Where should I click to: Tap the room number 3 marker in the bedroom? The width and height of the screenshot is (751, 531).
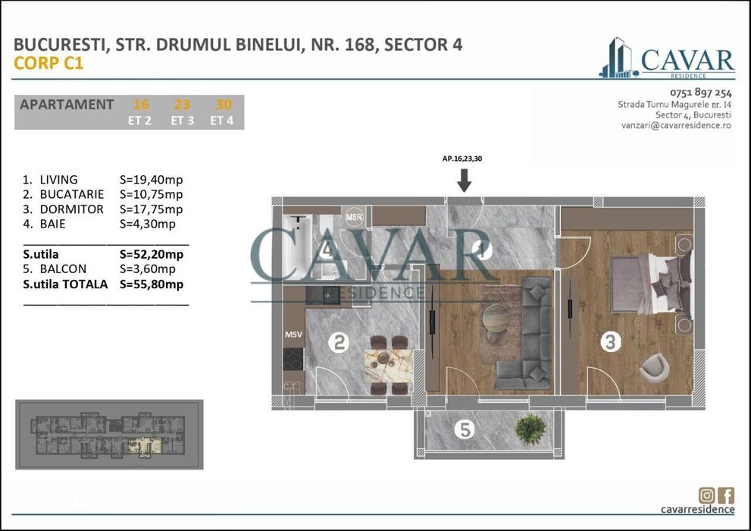(610, 342)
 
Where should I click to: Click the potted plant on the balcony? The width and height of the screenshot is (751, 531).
(530, 430)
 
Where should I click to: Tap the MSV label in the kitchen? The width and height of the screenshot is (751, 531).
(293, 334)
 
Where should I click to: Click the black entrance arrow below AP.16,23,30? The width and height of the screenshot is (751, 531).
(465, 181)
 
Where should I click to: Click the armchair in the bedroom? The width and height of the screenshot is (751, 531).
(652, 368)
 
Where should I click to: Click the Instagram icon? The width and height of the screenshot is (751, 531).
(707, 495)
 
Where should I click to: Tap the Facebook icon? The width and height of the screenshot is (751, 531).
(726, 495)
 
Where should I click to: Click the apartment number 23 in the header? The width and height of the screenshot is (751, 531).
(182, 105)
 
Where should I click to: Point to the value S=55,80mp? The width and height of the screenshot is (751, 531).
(152, 284)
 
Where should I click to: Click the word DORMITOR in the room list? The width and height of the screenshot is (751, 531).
(71, 209)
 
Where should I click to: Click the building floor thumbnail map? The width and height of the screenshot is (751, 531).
(109, 435)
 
